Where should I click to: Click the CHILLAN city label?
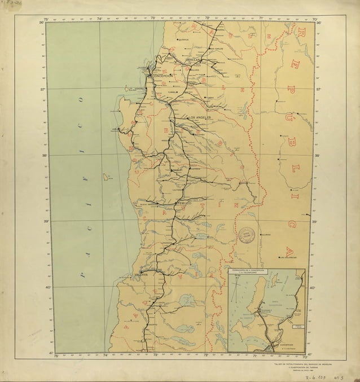[193, 59]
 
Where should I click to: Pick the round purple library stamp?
[247, 235]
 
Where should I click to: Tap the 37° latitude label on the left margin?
[41, 89]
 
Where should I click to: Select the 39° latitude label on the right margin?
[318, 222]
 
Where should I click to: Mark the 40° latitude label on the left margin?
[41, 288]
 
